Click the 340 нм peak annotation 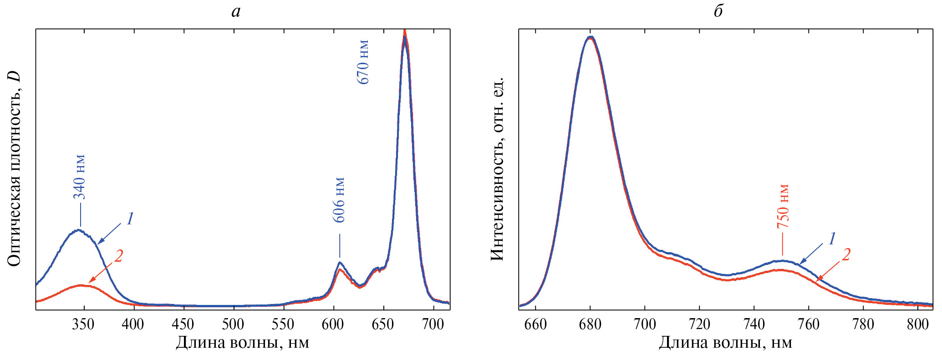80,177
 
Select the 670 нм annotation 363,62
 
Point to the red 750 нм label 783,206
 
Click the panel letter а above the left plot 235,11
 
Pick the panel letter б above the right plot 718,11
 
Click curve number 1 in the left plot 130,219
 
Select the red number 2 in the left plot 118,256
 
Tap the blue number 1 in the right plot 831,239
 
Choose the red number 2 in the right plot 846,255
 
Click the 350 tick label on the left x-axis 83,324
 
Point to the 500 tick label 233,324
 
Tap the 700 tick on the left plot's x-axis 433,324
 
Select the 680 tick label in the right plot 590,324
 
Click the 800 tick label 918,324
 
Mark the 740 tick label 754,324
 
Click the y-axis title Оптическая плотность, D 15,168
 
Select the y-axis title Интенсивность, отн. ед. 498,168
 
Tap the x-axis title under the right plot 725,343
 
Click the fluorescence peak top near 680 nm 591,37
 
